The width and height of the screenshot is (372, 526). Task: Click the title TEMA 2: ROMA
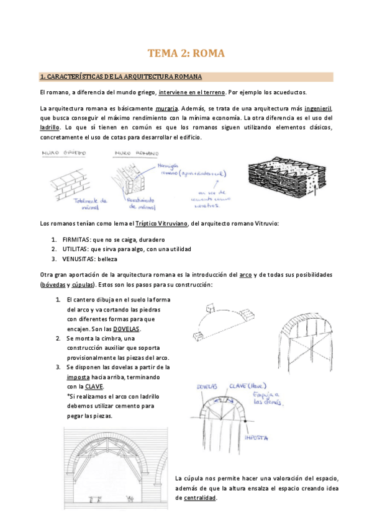(x=186, y=54)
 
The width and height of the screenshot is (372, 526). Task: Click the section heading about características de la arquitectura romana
(x=120, y=77)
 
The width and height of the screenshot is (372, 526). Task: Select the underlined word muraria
(x=166, y=107)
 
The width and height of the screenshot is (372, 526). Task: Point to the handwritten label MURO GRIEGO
(x=63, y=152)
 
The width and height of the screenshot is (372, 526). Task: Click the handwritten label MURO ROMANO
(x=135, y=152)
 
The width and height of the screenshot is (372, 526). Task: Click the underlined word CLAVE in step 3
(x=94, y=386)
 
